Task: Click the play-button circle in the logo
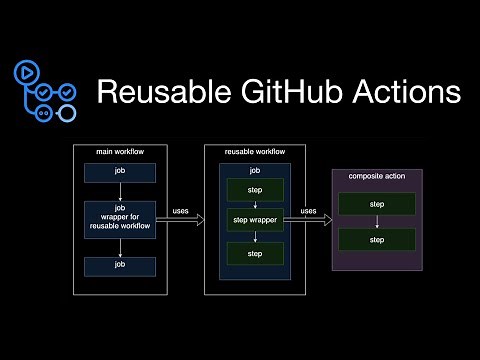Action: (x=24, y=73)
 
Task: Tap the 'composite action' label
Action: (x=378, y=176)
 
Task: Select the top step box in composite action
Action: (x=377, y=204)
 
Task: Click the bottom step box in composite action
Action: (x=377, y=241)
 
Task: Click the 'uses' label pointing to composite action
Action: (x=309, y=211)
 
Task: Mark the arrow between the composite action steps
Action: (x=377, y=223)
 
